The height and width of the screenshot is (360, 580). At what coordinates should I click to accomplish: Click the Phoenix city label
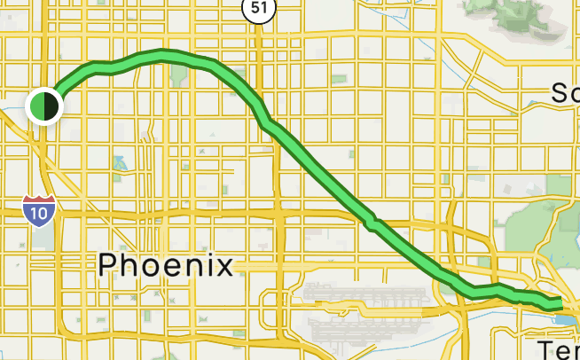[166, 264]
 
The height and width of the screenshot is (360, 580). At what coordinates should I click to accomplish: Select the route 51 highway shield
[259, 8]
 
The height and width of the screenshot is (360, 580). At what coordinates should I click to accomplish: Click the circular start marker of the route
[43, 106]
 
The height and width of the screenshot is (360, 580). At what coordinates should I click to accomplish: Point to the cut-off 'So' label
[564, 92]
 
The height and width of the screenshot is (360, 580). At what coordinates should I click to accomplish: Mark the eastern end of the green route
[560, 305]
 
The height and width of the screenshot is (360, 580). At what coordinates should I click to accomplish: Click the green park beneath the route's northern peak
[179, 75]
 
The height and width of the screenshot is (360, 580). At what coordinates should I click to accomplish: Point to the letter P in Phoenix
[109, 264]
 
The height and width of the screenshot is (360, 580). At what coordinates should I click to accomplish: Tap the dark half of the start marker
[51, 106]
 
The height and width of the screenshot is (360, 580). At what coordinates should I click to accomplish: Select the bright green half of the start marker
[37, 106]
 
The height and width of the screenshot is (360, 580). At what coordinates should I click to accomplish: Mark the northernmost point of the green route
[162, 54]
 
